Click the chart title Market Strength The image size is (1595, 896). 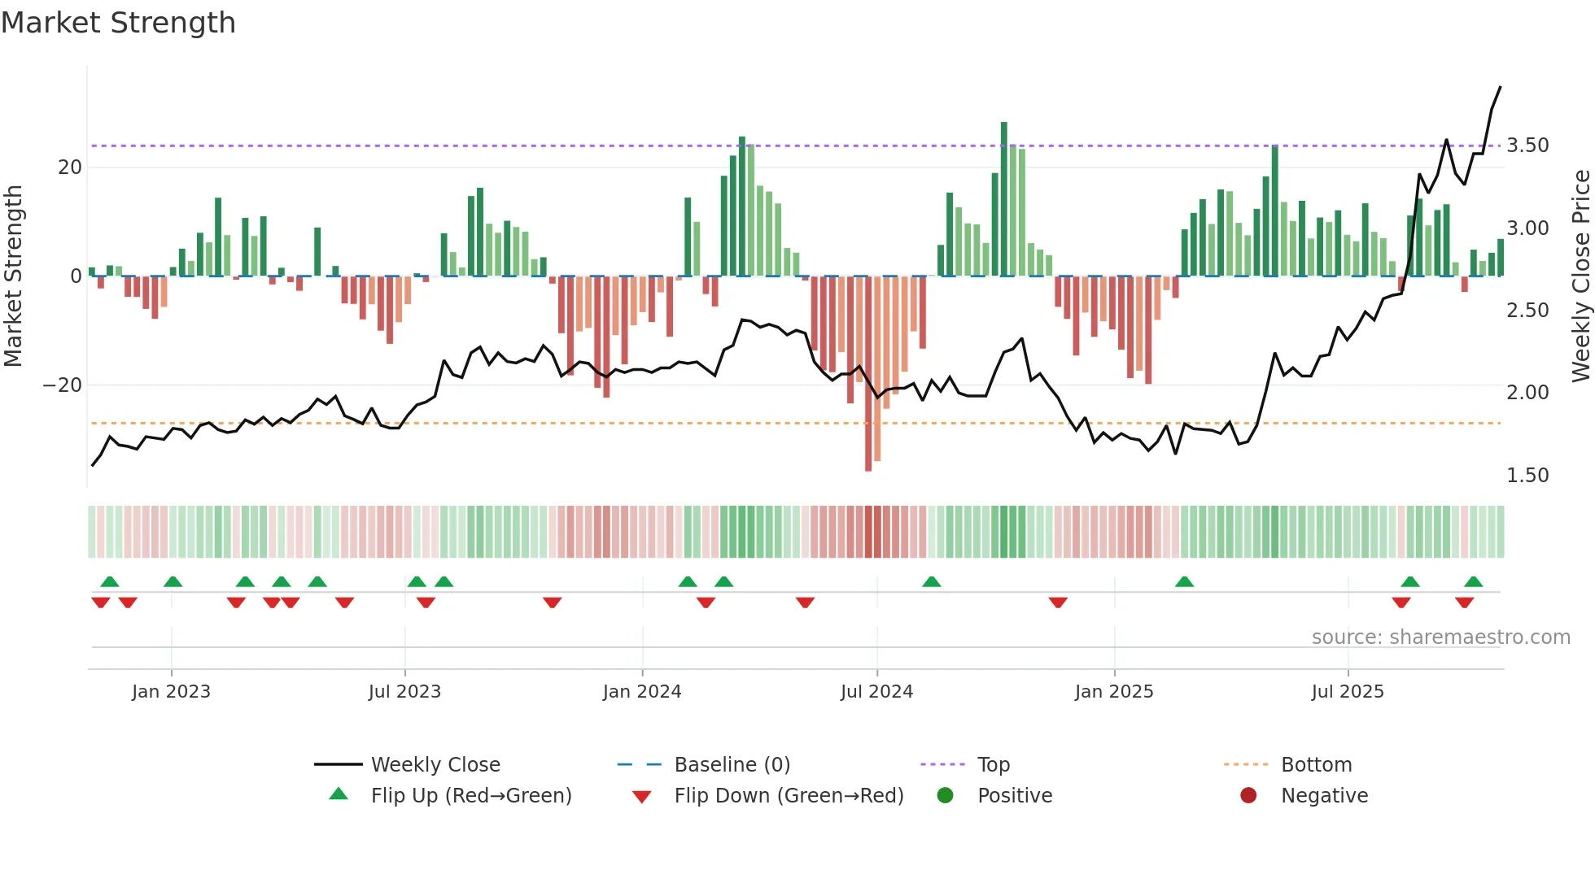(x=118, y=23)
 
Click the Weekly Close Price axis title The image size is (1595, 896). (x=1580, y=276)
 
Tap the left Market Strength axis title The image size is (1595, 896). (x=13, y=276)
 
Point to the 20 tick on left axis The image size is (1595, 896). (x=70, y=167)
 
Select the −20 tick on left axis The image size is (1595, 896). (x=63, y=385)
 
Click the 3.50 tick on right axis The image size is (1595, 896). (x=1527, y=146)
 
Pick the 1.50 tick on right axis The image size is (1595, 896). (x=1527, y=476)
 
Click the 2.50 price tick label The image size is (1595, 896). (x=1527, y=311)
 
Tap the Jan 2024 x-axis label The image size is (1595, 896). (x=641, y=692)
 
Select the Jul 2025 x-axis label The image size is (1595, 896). (x=1347, y=692)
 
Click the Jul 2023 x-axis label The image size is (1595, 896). (x=404, y=692)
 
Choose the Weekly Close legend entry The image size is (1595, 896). (x=435, y=765)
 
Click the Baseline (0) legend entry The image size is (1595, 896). (x=732, y=765)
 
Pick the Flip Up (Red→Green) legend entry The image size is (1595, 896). (x=470, y=796)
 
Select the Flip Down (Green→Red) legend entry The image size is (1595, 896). (x=788, y=796)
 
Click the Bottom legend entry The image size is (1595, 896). (x=1316, y=765)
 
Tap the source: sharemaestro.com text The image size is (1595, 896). (x=1440, y=637)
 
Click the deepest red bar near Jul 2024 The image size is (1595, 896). (x=868, y=374)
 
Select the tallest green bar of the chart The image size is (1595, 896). (x=1003, y=199)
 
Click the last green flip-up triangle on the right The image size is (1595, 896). (x=1473, y=581)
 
